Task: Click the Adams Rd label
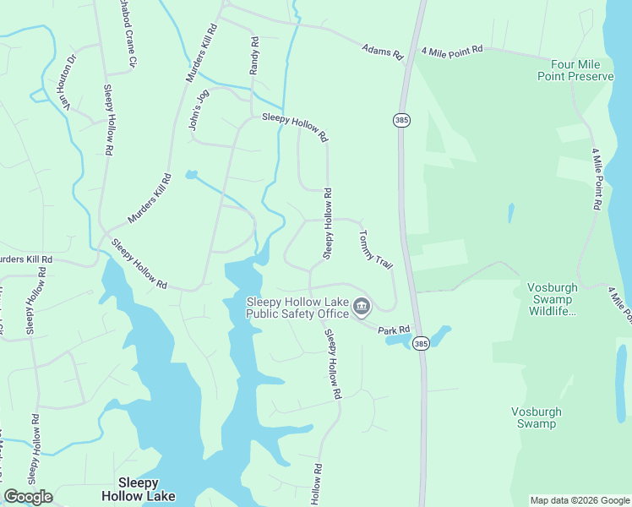pos(383,52)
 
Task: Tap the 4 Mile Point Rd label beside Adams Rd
pos(453,49)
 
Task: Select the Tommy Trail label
pos(376,250)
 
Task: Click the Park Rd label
pos(394,330)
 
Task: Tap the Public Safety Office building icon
pos(362,306)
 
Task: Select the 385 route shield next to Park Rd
pos(422,343)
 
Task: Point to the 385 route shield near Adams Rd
pos(400,121)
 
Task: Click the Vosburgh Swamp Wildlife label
pos(551,299)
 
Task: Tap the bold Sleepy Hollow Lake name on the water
pos(139,489)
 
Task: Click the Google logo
pos(29,496)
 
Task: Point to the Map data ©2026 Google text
pos(579,500)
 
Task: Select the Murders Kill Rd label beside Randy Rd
pos(202,53)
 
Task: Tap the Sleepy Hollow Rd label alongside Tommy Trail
pos(327,224)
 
